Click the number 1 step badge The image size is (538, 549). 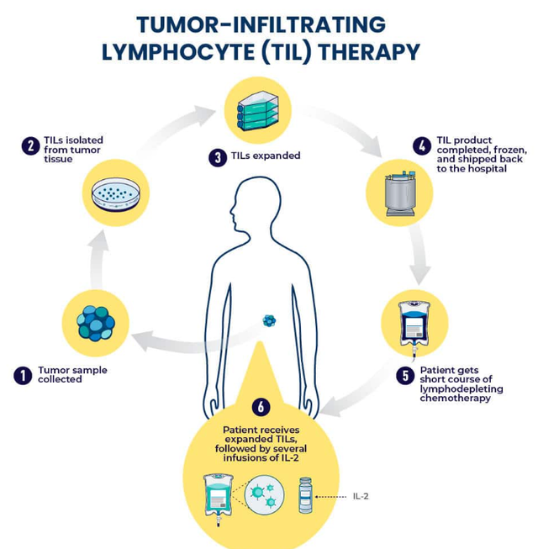(x=23, y=375)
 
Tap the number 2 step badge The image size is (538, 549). (x=31, y=145)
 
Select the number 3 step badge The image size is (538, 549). (x=218, y=157)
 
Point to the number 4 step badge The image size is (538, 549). (x=422, y=145)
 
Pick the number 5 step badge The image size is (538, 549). (x=405, y=375)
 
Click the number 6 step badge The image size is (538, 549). (x=261, y=407)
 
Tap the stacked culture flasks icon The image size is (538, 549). (x=258, y=111)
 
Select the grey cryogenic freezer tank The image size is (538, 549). (x=400, y=193)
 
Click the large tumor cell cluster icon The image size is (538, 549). (x=96, y=324)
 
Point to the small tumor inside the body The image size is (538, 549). (x=269, y=320)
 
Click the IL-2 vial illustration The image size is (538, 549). (x=305, y=495)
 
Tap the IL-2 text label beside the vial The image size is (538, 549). (x=361, y=496)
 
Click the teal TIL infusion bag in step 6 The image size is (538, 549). (x=219, y=499)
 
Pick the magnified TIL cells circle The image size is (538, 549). (x=265, y=494)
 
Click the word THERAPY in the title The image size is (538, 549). (x=369, y=52)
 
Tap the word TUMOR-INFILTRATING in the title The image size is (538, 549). (x=261, y=24)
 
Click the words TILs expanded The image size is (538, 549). (x=266, y=156)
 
